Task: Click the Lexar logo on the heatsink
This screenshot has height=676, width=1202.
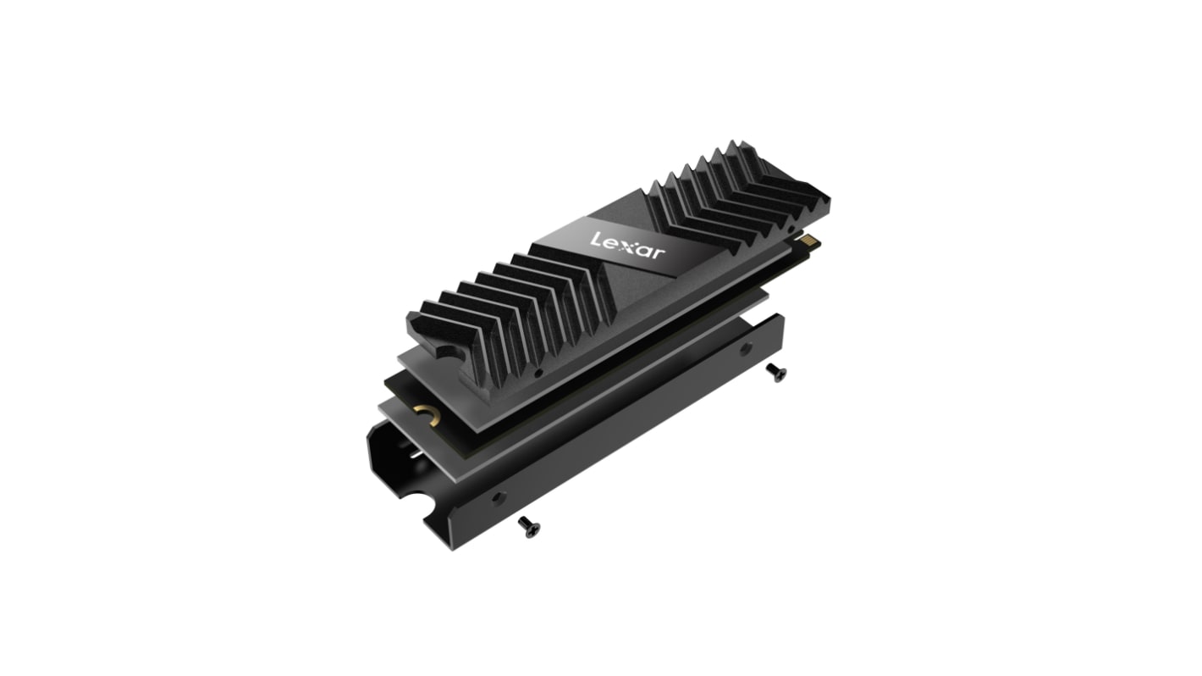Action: coord(627,247)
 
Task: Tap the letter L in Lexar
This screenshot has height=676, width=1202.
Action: coord(596,239)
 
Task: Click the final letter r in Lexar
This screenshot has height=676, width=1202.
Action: coord(659,253)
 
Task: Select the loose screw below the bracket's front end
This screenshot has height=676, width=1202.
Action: coord(529,526)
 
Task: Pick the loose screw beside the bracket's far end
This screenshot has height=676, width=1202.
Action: coord(776,372)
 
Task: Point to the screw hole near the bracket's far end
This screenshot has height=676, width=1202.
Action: coord(745,350)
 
